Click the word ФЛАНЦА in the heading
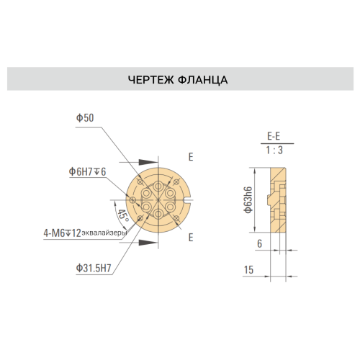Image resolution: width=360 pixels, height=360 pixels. click(x=203, y=80)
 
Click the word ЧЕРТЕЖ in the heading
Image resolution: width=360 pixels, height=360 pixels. click(x=150, y=80)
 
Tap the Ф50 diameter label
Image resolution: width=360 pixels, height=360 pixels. click(x=85, y=118)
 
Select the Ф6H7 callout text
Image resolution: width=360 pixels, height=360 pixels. click(x=81, y=171)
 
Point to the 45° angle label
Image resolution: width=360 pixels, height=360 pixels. click(x=123, y=216)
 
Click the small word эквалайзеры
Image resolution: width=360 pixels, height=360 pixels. click(x=104, y=233)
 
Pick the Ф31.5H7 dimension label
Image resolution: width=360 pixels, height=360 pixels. click(x=94, y=269)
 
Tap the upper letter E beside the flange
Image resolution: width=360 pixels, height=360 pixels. click(x=191, y=157)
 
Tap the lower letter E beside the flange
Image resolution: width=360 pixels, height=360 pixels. click(x=191, y=238)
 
